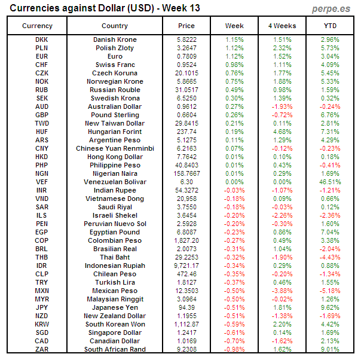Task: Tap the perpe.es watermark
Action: point(331,9)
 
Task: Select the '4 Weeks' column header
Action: point(282,26)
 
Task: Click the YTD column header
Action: point(330,26)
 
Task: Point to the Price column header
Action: point(186,26)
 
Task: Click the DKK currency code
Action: point(42,39)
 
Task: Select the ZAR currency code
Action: point(42,349)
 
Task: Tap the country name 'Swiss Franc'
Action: point(115,65)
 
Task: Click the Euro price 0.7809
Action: point(186,56)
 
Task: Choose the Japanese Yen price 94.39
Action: point(186,307)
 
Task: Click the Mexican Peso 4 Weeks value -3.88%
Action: point(282,291)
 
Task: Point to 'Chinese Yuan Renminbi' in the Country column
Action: point(115,148)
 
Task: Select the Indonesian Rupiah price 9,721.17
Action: point(186,266)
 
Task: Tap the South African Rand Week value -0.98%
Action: point(234,349)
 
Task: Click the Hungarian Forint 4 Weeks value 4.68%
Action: point(282,132)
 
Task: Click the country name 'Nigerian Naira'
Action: point(115,173)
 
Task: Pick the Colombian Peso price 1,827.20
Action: point(186,240)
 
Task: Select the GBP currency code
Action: point(42,115)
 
